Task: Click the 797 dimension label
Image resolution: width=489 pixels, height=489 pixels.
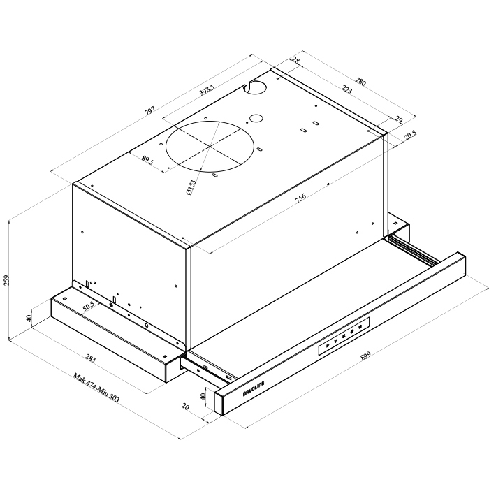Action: (x=150, y=110)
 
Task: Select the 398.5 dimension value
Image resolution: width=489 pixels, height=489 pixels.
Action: (x=207, y=90)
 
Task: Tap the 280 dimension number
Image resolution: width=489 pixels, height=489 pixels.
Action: (x=360, y=82)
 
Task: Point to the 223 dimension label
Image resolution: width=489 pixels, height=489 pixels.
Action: (x=346, y=90)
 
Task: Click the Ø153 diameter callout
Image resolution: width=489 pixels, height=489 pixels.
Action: (x=191, y=187)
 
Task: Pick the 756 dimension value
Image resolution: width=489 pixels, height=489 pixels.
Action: (x=300, y=198)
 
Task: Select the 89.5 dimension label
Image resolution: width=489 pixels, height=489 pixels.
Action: (x=148, y=160)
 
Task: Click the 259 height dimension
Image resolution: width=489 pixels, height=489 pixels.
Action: (x=6, y=279)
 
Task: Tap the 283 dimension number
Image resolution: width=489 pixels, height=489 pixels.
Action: (x=90, y=359)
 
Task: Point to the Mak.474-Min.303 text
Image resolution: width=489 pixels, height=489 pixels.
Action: (x=96, y=387)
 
